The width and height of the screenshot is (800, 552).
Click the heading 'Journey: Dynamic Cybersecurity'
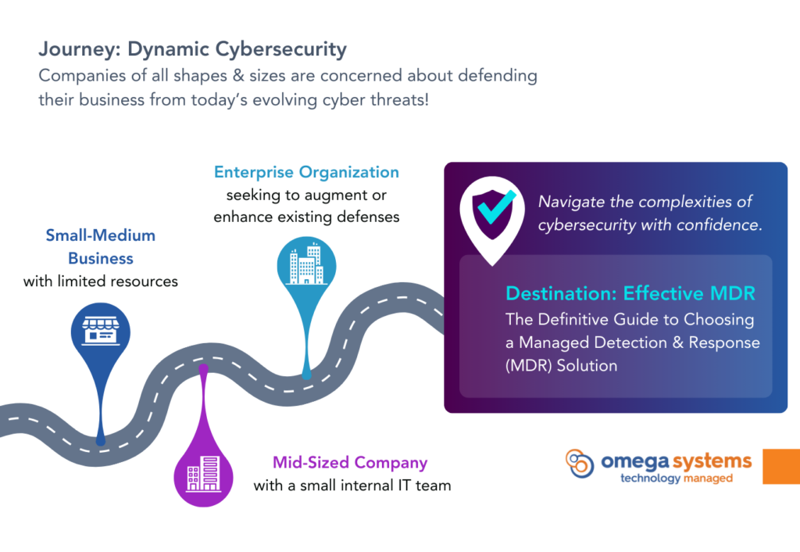pos(192,49)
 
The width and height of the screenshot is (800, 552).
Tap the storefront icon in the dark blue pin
pos(101,331)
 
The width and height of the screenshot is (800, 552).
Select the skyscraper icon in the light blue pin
pos(306,264)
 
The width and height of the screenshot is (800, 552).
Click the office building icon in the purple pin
pos(204,474)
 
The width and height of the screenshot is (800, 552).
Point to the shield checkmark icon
pos(493,214)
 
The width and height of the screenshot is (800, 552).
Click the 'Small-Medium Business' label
pos(101,246)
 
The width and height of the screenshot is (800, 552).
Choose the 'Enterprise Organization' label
pos(306,173)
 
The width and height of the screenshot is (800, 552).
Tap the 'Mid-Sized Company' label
pos(350,463)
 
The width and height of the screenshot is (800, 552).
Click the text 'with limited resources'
pos(101,281)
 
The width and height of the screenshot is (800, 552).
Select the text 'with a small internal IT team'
pos(352,485)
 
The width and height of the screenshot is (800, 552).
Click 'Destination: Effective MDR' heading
pos(630,294)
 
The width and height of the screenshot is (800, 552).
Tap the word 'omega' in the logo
pos(635,462)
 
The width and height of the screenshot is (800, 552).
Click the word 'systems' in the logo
pos(712,462)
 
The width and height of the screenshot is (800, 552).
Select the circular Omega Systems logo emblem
pos(580,463)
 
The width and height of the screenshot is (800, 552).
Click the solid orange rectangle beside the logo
pos(781,466)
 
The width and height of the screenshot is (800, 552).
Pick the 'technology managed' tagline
pos(677,479)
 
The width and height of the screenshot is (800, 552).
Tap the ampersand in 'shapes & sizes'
pos(238,76)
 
